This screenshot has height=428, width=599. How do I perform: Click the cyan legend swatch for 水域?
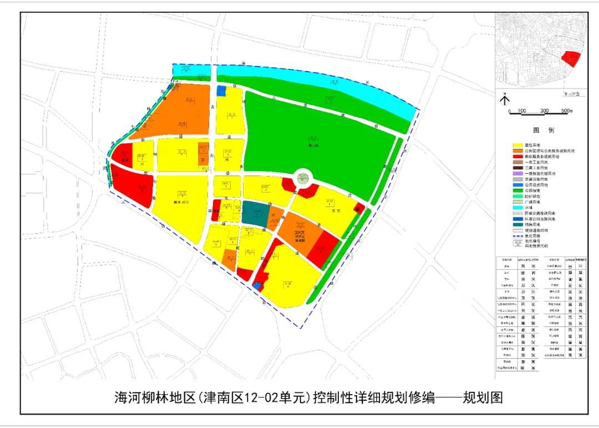click(517, 208)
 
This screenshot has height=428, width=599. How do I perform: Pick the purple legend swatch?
click(517, 173)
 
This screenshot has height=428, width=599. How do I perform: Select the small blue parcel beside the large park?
click(221, 92)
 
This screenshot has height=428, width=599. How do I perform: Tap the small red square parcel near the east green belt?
click(358, 209)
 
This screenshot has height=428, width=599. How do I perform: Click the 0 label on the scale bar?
click(509, 111)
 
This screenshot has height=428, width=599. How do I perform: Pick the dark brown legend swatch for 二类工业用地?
click(517, 168)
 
